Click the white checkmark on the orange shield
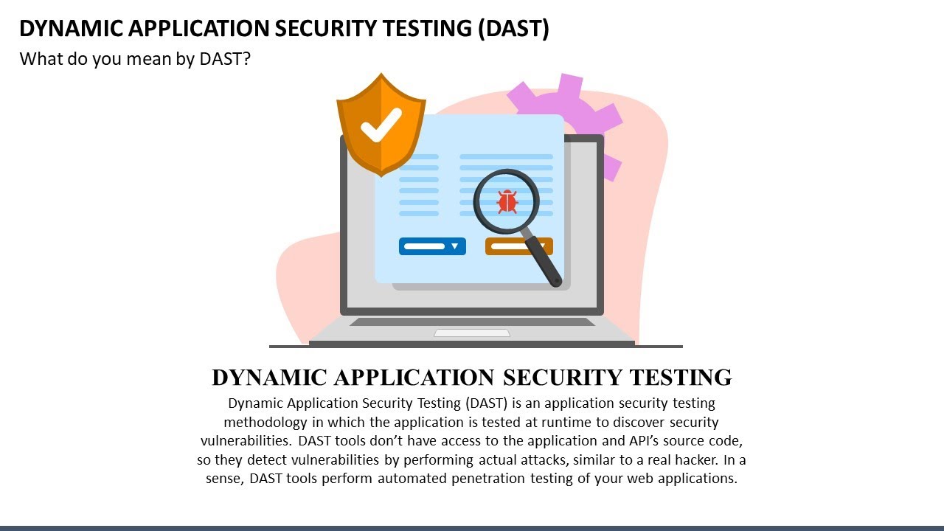point(381,125)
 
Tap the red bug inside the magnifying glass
point(507,201)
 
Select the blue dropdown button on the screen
point(432,246)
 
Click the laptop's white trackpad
point(472,333)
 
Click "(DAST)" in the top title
point(513,29)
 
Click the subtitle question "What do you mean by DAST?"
point(135,59)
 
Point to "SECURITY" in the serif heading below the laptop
point(563,377)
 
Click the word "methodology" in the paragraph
point(265,423)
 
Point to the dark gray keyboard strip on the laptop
point(472,322)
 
